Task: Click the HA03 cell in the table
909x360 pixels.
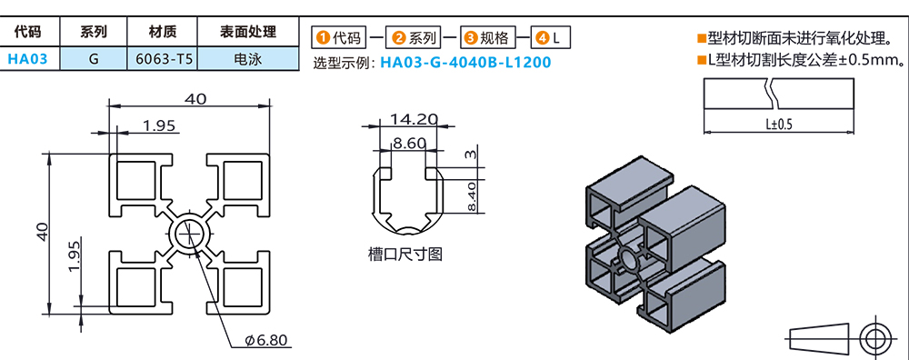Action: (x=27, y=58)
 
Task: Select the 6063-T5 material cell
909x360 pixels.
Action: (x=163, y=58)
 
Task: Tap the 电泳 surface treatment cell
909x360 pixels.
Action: (x=248, y=58)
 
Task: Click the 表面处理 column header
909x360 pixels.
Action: (x=248, y=32)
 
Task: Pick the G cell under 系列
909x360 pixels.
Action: (x=94, y=58)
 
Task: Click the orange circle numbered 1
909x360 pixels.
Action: (x=323, y=38)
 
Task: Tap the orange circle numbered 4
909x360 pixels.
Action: (x=542, y=38)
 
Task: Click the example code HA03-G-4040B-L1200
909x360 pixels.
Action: (x=464, y=62)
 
